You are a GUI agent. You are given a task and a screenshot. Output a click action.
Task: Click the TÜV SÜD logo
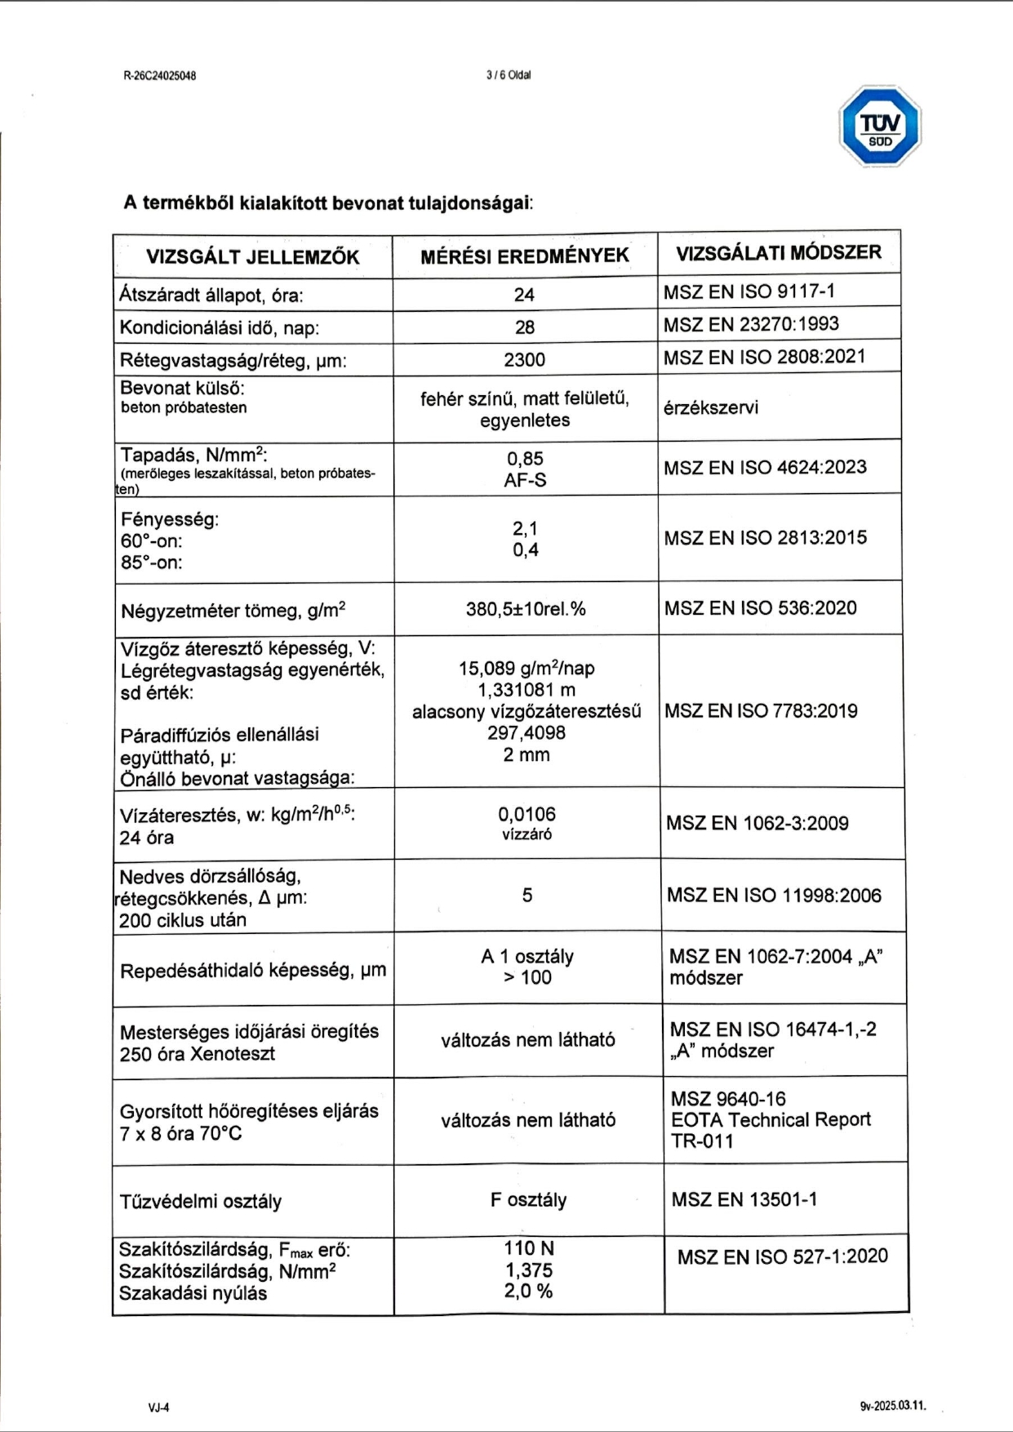point(880,127)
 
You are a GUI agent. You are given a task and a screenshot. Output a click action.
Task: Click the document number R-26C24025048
point(159,76)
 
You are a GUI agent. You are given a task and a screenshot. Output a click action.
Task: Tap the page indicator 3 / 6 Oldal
point(508,75)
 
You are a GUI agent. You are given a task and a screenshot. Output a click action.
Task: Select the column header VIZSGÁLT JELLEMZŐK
point(252,257)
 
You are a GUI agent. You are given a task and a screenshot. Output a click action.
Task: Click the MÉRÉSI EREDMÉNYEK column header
point(525,256)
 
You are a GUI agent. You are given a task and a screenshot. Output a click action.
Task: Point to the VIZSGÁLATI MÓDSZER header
point(778,252)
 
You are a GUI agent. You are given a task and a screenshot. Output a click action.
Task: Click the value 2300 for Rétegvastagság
point(524,360)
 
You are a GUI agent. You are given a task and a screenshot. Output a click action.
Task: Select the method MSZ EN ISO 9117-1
point(749,291)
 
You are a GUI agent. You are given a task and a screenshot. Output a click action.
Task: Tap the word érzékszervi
point(710,407)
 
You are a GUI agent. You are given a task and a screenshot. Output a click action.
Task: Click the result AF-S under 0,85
point(525,480)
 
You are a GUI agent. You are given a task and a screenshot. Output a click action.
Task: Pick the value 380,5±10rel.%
point(526,609)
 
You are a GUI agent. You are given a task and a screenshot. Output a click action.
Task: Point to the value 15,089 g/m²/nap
point(526,669)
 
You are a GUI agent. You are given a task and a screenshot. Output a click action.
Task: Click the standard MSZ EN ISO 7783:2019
point(761,711)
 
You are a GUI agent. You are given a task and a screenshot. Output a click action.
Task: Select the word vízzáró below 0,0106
point(526,834)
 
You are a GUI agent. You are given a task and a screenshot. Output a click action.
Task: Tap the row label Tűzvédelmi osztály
point(201,1202)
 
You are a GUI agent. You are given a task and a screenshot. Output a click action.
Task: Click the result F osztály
point(528,1200)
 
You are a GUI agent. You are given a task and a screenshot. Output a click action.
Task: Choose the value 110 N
point(528,1248)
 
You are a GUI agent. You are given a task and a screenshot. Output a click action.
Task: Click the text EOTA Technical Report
point(771,1120)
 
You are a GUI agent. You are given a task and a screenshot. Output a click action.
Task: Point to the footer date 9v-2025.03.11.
point(892,1407)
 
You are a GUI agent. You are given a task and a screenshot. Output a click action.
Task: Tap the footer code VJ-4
point(158,1408)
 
